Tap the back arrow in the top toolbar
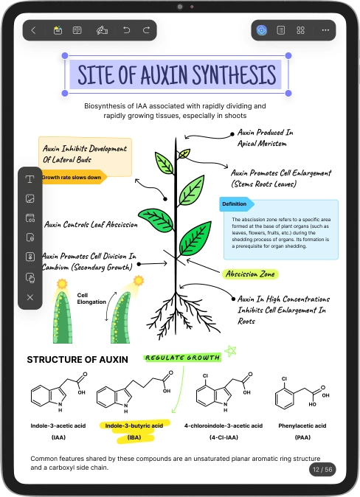click(34, 30)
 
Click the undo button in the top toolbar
click(127, 30)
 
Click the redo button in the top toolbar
click(146, 30)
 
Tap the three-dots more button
click(325, 30)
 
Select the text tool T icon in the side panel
click(30, 179)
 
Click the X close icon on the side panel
click(30, 297)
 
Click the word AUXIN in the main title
click(165, 74)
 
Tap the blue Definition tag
click(236, 204)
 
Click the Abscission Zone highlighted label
click(250, 274)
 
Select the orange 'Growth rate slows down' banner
click(73, 178)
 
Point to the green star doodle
click(231, 351)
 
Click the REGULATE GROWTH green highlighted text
click(182, 358)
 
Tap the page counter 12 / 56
click(322, 470)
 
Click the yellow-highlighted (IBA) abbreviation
click(134, 437)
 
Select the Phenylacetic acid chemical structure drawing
click(302, 393)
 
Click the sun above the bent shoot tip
click(139, 281)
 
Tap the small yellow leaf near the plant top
click(184, 153)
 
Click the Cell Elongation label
click(91, 299)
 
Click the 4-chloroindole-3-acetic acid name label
click(224, 425)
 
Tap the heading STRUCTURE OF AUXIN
click(77, 359)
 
